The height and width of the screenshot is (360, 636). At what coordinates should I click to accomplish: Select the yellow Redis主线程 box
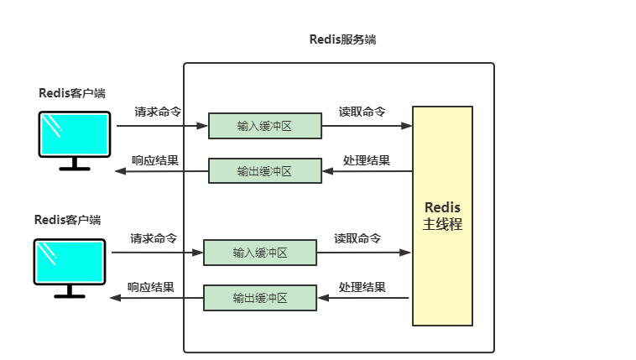point(442,216)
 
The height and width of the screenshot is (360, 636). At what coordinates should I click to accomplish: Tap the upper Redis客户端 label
point(71,93)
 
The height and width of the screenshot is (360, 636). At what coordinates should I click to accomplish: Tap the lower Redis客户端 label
point(67,220)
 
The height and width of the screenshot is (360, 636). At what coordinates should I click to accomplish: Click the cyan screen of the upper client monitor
point(75,134)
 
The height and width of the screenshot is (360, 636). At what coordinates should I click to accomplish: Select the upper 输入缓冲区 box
point(264,126)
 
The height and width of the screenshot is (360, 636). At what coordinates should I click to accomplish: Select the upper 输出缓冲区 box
point(264,171)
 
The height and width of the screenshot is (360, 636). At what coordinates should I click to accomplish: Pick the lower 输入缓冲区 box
point(260,253)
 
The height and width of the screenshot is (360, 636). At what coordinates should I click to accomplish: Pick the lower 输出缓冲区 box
point(260,298)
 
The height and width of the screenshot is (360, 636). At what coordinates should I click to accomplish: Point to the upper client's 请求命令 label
point(158,112)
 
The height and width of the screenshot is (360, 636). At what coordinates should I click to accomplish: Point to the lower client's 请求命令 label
point(154,238)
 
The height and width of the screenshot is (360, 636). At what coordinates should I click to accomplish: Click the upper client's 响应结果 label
point(154,160)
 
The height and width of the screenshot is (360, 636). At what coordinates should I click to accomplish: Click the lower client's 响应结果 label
point(150,287)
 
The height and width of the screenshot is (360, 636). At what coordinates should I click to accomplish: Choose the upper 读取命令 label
point(362,112)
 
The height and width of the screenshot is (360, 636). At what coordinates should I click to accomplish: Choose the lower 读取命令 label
point(357,238)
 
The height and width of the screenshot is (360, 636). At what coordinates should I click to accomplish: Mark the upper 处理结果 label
point(367,160)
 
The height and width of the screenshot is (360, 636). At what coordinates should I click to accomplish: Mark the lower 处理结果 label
point(362,287)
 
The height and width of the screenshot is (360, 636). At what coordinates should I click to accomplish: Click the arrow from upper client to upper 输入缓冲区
point(161,127)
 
